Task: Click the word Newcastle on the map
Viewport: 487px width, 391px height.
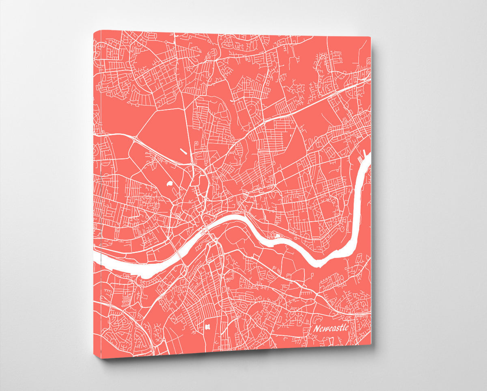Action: [330, 328]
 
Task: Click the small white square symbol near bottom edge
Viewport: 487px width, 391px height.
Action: [208, 326]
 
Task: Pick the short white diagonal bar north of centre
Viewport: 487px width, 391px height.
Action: [183, 152]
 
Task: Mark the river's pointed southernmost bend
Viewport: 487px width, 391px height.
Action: [319, 264]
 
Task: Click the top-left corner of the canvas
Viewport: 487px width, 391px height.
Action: [94, 30]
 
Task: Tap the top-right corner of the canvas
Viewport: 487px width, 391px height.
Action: [371, 37]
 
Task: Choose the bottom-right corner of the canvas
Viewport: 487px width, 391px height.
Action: [371, 345]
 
